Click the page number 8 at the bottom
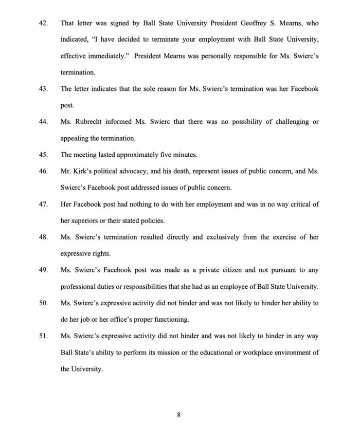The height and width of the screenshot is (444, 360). click(x=179, y=416)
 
